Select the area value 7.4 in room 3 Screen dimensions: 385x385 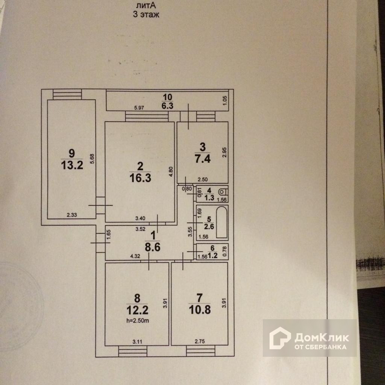[203, 158]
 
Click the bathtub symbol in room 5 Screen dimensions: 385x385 [221, 222]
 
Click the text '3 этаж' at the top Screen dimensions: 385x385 [146, 15]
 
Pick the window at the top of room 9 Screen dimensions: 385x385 [67, 94]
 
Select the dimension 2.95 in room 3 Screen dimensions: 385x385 [224, 152]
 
